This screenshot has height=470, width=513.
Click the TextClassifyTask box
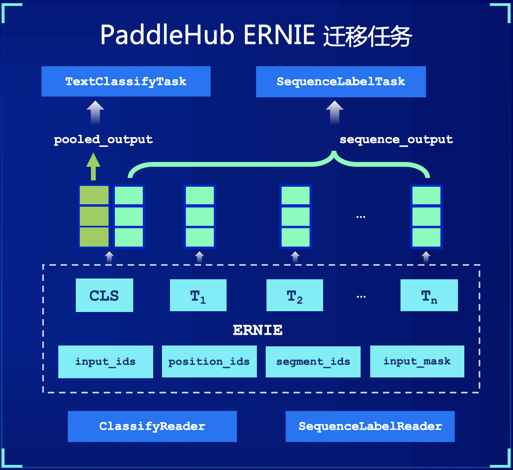[126, 81]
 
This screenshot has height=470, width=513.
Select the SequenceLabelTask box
[341, 82]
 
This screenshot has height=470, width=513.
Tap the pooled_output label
[103, 140]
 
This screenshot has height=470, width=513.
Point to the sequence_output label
[396, 140]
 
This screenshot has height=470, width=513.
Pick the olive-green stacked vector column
[94, 216]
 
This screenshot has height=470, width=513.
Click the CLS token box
[105, 295]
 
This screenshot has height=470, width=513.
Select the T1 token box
[198, 295]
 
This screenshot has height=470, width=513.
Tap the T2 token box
[295, 295]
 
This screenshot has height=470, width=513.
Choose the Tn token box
[429, 295]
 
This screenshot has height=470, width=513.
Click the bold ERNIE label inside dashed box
[258, 330]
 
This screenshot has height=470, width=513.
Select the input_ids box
[106, 361]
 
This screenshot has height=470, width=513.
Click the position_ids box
[209, 361]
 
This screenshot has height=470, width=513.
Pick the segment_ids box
[313, 361]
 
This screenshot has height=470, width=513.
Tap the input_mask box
[417, 361]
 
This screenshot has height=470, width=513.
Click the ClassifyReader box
[152, 426]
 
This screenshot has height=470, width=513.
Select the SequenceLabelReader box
[370, 426]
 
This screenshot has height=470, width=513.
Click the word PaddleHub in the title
[167, 35]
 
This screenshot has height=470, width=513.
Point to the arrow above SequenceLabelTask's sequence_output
[334, 112]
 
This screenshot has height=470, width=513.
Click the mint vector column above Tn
[426, 216]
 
